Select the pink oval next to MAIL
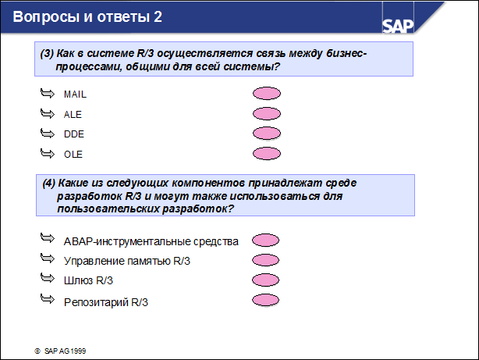pyautogui.click(x=267, y=94)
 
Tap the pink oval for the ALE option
pyautogui.click(x=267, y=114)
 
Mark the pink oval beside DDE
pyautogui.click(x=267, y=134)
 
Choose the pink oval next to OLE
pyautogui.click(x=267, y=153)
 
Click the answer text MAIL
pyautogui.click(x=75, y=94)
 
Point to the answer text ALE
pyautogui.click(x=72, y=114)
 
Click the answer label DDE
pyautogui.click(x=73, y=134)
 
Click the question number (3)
pyautogui.click(x=47, y=53)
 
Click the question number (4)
pyautogui.click(x=49, y=183)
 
